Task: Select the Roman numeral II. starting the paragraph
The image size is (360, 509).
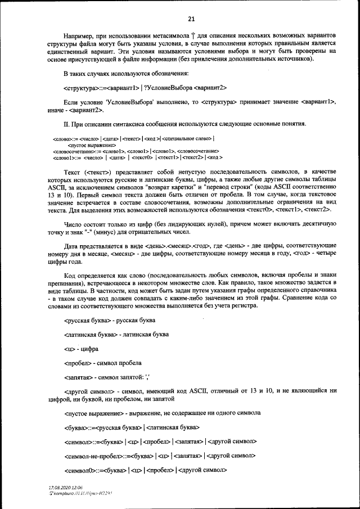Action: coord(67,124)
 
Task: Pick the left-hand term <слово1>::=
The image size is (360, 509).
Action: coord(65,158)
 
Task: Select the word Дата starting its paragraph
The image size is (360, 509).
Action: coord(71,246)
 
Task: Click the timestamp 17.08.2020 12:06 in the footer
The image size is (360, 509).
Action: coord(66,487)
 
